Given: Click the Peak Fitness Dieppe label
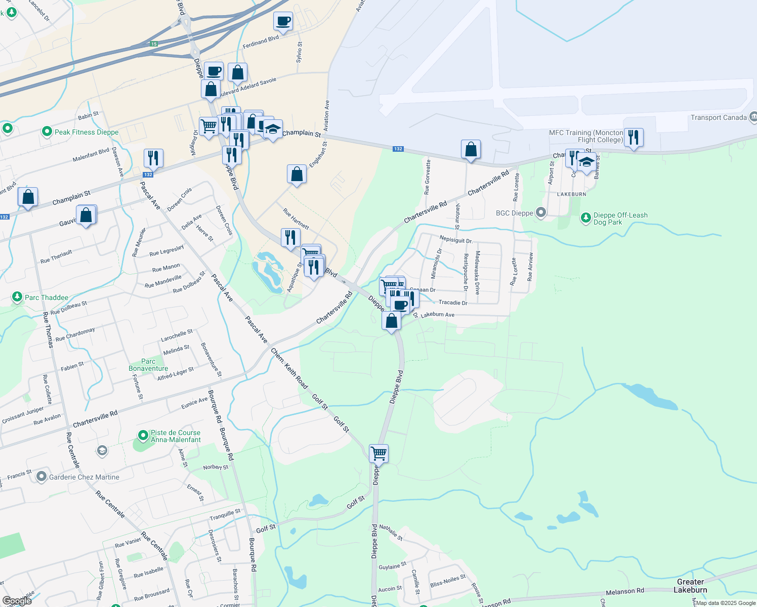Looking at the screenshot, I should (x=87, y=132).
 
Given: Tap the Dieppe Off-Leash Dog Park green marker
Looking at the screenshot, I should (x=585, y=218).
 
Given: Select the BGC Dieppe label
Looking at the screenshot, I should (x=515, y=213).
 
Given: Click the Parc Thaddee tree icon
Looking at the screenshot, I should (x=17, y=296).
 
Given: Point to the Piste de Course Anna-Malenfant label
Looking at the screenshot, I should (x=176, y=436).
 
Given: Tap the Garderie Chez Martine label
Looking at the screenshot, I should (x=84, y=477).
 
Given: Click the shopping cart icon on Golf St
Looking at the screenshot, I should (x=378, y=453).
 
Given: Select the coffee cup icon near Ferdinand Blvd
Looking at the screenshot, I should (x=283, y=21).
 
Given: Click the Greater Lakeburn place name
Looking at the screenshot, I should (x=690, y=586).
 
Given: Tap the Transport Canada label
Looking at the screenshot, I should (x=719, y=117).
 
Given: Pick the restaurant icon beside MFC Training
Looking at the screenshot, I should (x=634, y=137).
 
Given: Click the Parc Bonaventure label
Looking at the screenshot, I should (x=148, y=365).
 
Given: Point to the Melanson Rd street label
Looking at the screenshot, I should (x=625, y=591).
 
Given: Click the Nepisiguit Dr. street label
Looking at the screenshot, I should (x=456, y=240).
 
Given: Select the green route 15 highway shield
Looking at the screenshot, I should (x=153, y=44).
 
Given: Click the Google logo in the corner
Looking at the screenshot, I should (x=17, y=601).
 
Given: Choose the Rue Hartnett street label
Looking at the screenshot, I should (x=296, y=219).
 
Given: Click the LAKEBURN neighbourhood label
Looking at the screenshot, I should (x=571, y=194).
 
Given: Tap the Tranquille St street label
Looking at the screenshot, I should (x=225, y=515).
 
